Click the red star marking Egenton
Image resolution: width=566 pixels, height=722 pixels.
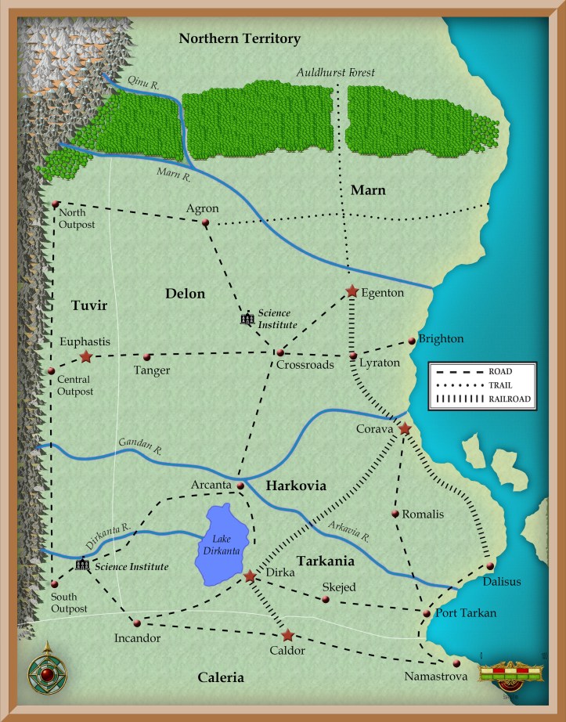(352, 291)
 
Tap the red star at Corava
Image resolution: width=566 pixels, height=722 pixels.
(405, 429)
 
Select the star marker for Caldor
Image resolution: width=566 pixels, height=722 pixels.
(288, 635)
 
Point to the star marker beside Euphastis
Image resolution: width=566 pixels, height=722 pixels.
(85, 357)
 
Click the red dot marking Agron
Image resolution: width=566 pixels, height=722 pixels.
(205, 223)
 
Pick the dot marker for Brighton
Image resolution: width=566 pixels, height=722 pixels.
(412, 341)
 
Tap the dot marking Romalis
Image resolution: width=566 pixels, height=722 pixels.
(395, 514)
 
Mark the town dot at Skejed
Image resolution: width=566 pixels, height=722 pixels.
(326, 600)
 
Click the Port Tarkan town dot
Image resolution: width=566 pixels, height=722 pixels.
(426, 613)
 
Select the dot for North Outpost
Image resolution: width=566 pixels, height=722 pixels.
(56, 204)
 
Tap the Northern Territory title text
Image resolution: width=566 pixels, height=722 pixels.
(240, 38)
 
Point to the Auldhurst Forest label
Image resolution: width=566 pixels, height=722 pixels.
(336, 73)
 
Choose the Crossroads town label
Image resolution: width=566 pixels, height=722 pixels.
(305, 364)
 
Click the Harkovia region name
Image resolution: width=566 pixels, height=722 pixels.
(295, 486)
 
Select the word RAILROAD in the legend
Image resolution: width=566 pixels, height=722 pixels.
(510, 399)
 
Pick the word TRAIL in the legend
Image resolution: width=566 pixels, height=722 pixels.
(501, 384)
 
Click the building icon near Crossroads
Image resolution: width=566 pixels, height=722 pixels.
(247, 318)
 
